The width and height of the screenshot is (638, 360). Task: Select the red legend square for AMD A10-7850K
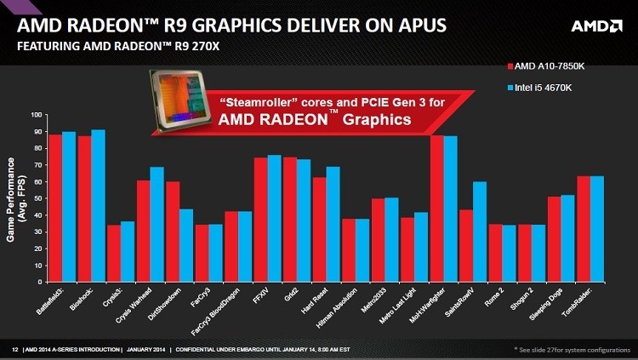tap(509, 66)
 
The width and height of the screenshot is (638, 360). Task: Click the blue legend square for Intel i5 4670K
tap(509, 87)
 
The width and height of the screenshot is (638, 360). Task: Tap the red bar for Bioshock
tap(84, 209)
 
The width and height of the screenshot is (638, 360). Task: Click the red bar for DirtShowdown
tap(173, 231)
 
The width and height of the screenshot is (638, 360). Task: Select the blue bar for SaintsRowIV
tap(481, 231)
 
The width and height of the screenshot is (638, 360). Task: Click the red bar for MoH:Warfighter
tap(436, 209)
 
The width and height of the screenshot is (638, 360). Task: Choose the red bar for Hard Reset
tap(320, 229)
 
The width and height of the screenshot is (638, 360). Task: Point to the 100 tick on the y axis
tap(35, 114)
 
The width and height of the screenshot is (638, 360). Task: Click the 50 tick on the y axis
tap(37, 197)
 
